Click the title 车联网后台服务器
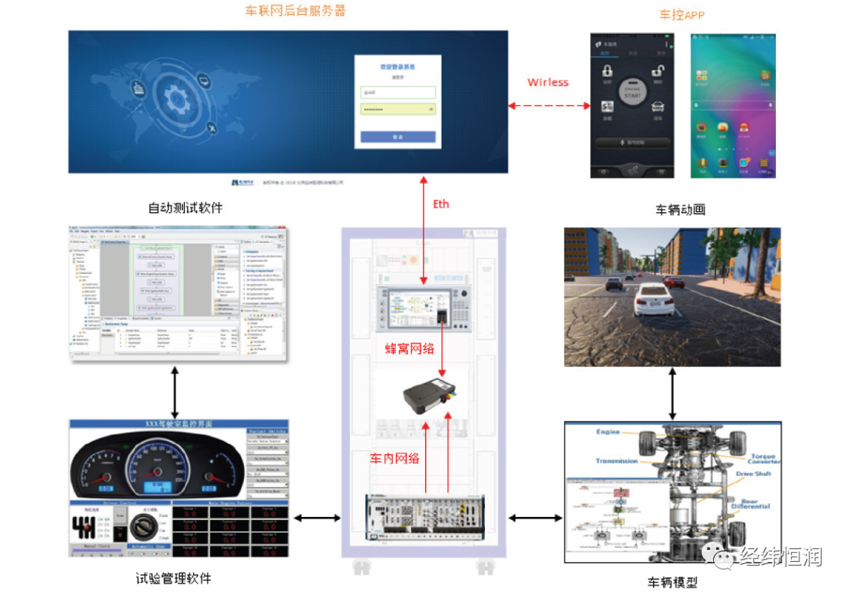[295, 11]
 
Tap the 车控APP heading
[682, 14]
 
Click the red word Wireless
[548, 83]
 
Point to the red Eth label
[442, 204]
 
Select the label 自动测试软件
[186, 208]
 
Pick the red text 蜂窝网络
[410, 349]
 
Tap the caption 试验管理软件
[173, 578]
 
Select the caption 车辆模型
[672, 582]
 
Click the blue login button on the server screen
[397, 137]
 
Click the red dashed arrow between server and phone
[549, 106]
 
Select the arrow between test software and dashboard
[174, 393]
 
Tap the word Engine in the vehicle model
[608, 432]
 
